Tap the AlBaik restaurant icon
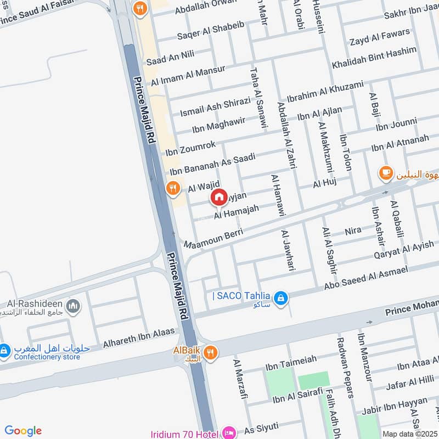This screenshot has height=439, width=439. click(210, 352)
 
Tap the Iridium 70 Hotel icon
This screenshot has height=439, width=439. click(230, 434)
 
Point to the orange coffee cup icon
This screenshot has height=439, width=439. click(386, 173)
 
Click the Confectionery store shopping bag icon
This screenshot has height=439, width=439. click(4, 349)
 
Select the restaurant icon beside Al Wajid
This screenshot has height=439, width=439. click(174, 188)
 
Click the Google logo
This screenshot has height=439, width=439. click(23, 431)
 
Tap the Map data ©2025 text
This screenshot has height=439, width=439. click(409, 434)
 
